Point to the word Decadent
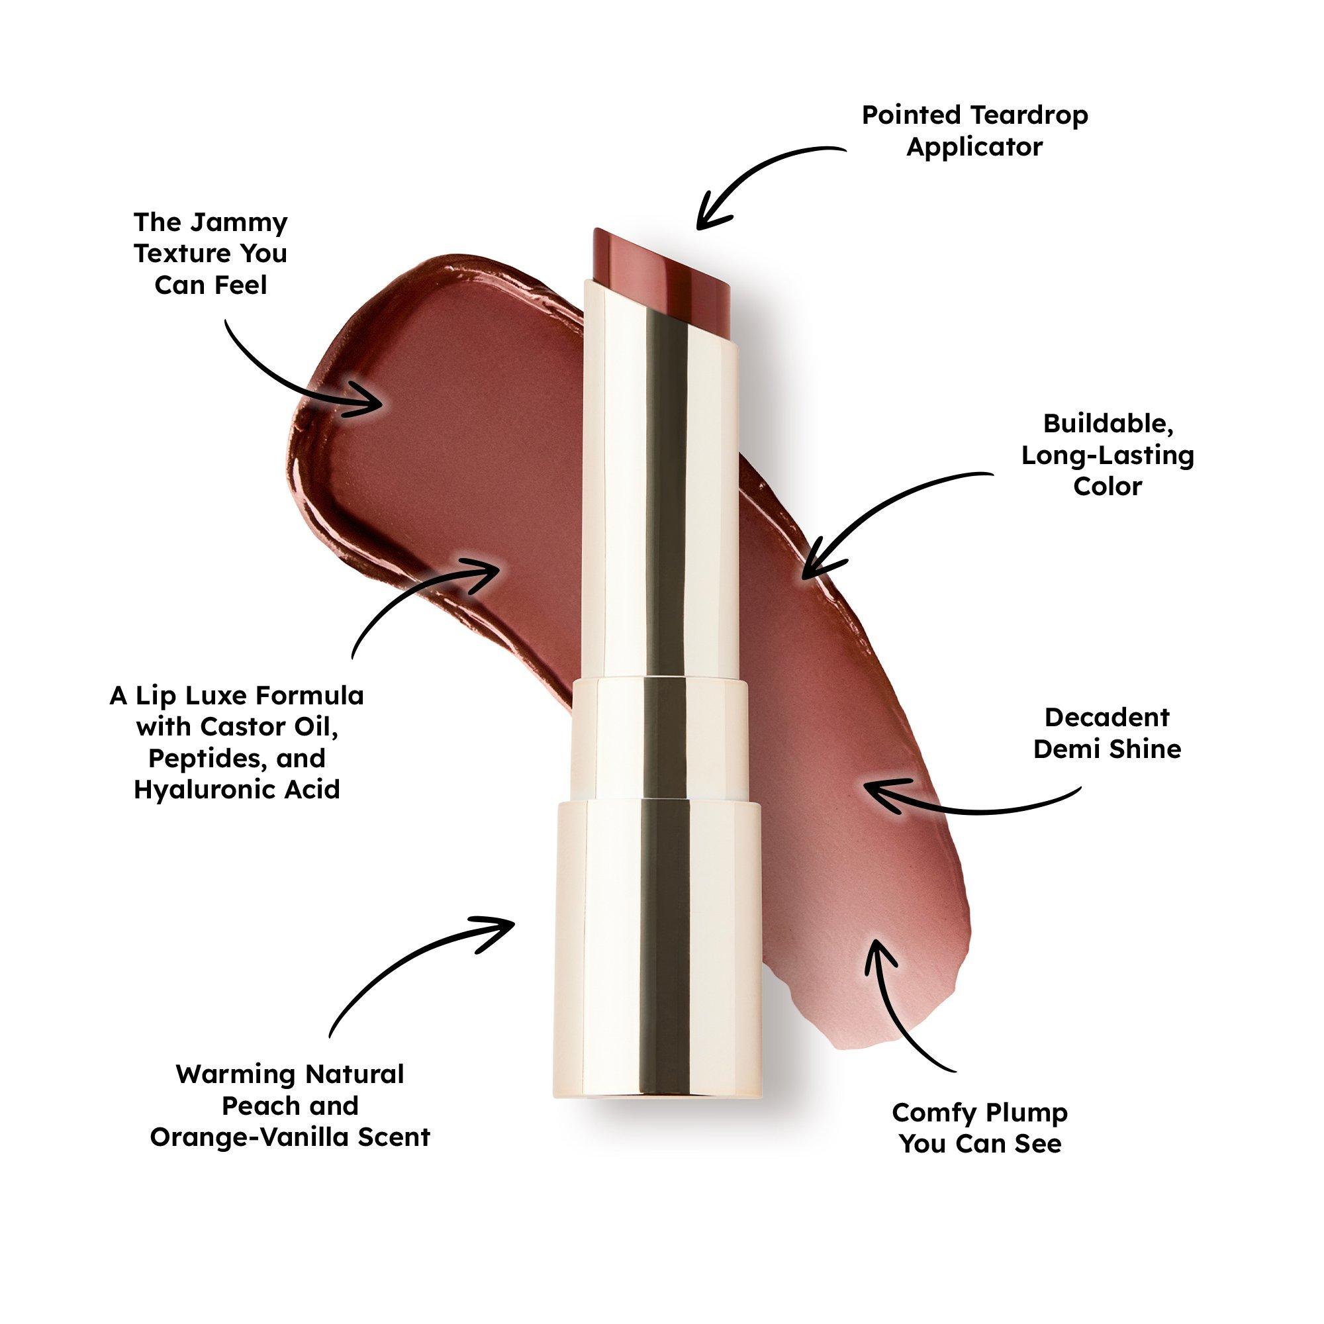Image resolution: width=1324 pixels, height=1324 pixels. point(1107,718)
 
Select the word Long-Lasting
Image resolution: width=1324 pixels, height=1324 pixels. point(1108,455)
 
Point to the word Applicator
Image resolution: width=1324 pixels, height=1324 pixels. point(974,147)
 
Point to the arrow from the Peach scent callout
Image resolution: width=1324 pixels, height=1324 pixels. point(404,959)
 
